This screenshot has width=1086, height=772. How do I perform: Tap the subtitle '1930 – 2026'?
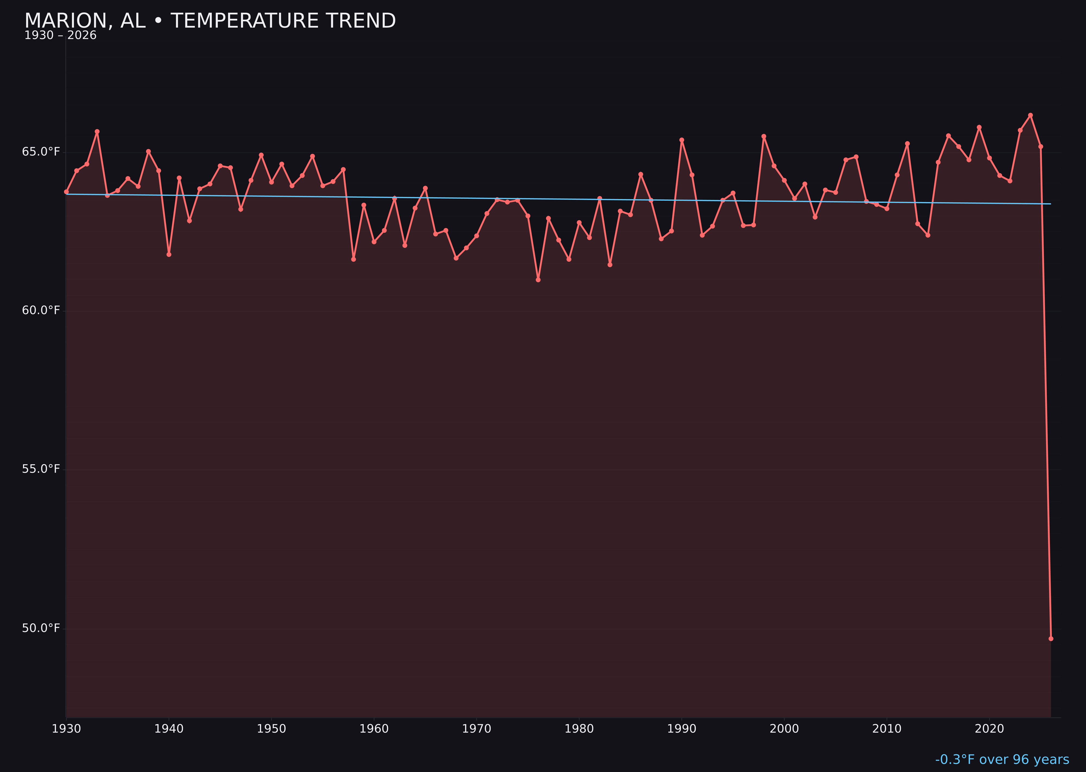click(60, 36)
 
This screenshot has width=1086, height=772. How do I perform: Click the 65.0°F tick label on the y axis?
click(41, 152)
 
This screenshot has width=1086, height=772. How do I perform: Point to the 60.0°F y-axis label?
click(41, 311)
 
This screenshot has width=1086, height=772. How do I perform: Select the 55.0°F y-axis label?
click(41, 469)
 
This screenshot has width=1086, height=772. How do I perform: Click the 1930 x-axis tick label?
click(66, 729)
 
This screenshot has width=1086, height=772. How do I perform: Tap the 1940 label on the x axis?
click(169, 729)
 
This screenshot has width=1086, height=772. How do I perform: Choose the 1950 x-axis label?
click(271, 729)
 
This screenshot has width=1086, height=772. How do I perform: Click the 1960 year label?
click(374, 729)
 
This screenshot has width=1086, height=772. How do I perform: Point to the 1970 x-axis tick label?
click(476, 729)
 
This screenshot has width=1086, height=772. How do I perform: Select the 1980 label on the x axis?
click(579, 729)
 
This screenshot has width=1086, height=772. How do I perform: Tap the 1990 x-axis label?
click(681, 729)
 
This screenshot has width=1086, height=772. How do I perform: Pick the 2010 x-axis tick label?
click(887, 729)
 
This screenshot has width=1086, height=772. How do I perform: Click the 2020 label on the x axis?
click(989, 729)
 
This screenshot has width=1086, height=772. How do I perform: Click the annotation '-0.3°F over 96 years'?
click(1002, 760)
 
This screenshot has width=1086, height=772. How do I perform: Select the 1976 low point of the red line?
click(538, 280)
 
